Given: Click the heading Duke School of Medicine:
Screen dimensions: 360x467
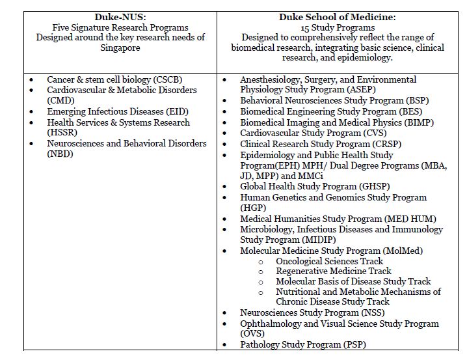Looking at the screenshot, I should click(338, 16).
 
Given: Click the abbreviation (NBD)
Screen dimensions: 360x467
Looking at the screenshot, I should click(60, 154).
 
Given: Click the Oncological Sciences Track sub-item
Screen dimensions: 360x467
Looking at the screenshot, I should click(329, 261).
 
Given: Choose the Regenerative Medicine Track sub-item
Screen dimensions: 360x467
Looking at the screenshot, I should click(333, 271).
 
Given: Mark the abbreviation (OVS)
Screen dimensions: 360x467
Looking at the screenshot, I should click(252, 334).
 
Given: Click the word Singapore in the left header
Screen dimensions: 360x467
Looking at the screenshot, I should click(120, 48).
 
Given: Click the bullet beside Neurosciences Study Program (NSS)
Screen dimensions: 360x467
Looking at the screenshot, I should click(225, 313).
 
